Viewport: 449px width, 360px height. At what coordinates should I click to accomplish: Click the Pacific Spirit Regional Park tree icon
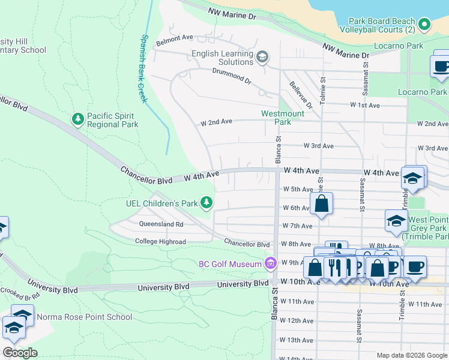77,119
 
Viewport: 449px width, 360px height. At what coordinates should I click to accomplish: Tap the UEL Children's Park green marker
206,203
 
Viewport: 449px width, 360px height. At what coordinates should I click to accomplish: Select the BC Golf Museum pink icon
270,263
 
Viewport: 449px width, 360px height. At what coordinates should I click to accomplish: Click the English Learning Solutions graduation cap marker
262,57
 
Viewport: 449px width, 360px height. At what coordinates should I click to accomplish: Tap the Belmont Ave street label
174,37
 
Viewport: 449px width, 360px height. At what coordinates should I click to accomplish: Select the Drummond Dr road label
231,76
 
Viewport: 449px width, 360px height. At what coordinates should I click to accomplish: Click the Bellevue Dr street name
300,95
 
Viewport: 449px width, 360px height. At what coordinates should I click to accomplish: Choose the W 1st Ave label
366,105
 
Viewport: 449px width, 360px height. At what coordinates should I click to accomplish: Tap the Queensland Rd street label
161,224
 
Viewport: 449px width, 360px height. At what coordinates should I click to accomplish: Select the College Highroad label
160,242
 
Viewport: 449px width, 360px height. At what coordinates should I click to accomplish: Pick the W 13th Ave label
297,340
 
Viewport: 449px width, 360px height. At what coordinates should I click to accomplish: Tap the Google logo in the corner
20,353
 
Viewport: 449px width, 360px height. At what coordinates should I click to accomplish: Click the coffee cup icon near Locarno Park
441,67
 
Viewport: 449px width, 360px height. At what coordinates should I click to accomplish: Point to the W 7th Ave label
297,226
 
